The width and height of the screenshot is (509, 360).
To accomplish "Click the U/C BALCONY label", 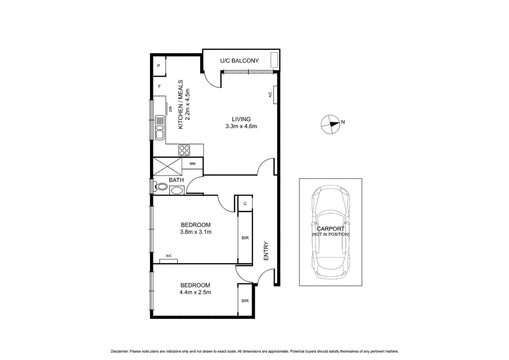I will [x=239, y=61].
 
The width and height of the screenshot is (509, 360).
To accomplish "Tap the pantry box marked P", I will [x=159, y=66].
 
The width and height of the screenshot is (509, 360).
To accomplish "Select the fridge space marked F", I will [x=159, y=86].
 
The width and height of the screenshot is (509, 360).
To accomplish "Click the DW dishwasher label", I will [x=170, y=109].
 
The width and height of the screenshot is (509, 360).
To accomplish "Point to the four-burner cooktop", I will [x=184, y=150].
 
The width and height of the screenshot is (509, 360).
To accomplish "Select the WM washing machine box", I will [x=192, y=164].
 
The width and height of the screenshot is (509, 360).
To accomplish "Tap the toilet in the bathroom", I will [x=161, y=187].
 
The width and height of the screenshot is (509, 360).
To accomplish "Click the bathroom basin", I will [x=177, y=191].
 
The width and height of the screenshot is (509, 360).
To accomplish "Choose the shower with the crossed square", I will [x=168, y=166].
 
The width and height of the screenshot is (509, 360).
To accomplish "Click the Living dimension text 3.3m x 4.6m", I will [x=241, y=126].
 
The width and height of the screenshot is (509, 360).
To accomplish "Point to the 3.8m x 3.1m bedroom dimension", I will [x=196, y=232].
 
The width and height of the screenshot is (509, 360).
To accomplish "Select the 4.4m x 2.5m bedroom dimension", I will [x=195, y=292].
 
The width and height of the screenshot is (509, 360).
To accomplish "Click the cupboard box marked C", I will [x=245, y=204].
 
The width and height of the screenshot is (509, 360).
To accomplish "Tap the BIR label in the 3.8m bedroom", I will [x=245, y=238].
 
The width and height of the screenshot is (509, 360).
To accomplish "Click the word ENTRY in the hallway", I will [x=266, y=251].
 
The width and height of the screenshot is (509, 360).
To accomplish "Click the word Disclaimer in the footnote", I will [x=119, y=351].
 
